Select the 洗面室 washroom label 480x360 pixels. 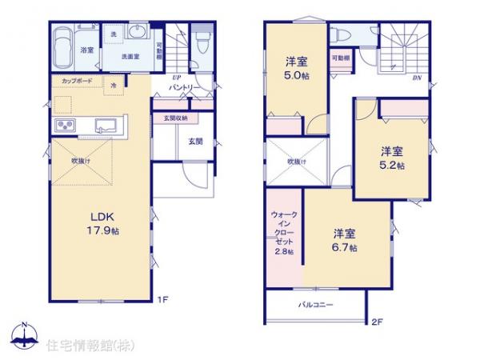click(x=131, y=57)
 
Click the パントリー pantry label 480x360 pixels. click(x=184, y=89)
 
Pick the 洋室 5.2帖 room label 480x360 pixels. click(x=392, y=158)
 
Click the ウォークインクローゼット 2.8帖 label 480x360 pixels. click(x=283, y=233)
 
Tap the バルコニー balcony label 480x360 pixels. click(x=316, y=305)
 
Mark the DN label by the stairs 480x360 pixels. click(x=416, y=78)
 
